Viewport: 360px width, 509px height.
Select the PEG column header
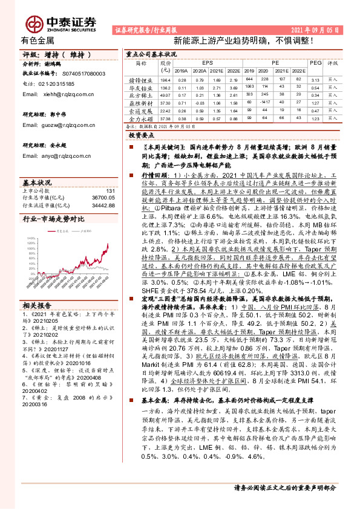[315, 62]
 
